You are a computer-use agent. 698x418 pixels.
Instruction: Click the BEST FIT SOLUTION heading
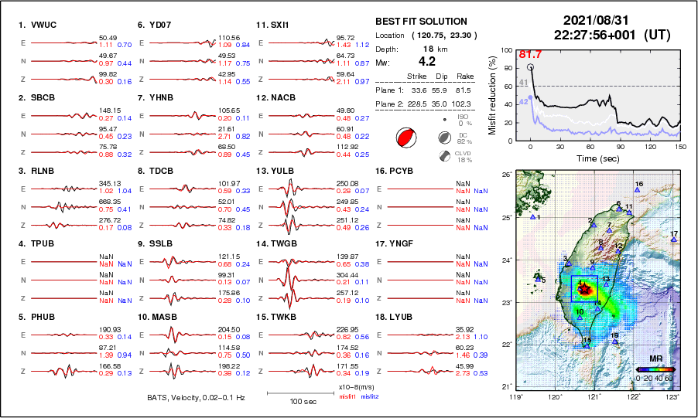click(421, 21)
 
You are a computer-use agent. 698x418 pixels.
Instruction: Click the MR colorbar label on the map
click(655, 359)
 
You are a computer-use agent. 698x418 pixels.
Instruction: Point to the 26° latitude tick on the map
click(504, 175)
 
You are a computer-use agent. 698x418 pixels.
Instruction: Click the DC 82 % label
click(462, 138)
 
